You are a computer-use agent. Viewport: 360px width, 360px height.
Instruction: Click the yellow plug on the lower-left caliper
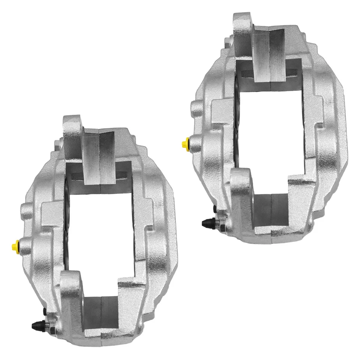pyautogui.click(x=15, y=246)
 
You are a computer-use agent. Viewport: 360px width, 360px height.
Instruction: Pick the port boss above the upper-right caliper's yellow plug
pyautogui.click(x=196, y=108)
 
